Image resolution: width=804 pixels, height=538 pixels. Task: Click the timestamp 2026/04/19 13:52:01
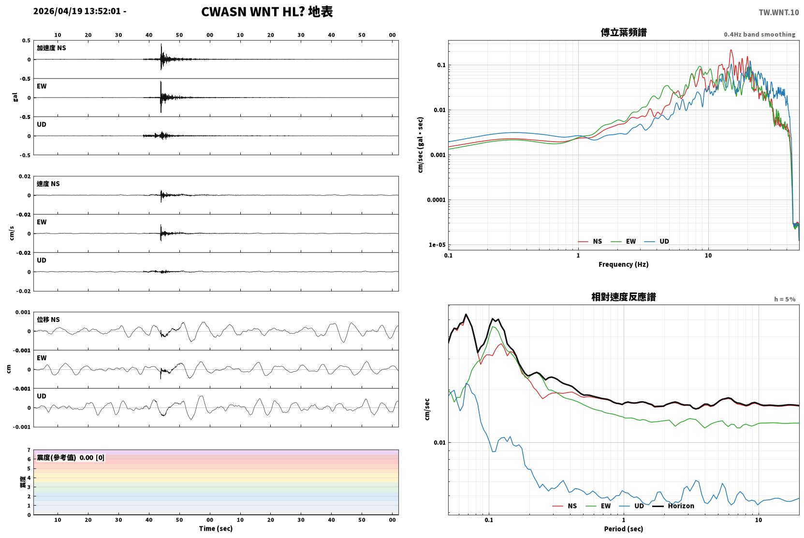pos(77,11)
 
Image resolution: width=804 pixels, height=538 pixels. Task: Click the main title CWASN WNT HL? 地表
pos(267,12)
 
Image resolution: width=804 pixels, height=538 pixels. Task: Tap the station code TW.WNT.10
pos(778,12)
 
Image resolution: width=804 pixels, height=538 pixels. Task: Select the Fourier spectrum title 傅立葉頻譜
pos(624,32)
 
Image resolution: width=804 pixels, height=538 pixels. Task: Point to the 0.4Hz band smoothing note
pos(760,34)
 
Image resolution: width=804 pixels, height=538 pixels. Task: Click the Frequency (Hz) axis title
pos(624,264)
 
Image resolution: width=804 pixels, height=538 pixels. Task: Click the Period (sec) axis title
pos(624,529)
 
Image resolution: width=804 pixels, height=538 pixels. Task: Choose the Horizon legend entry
pos(673,506)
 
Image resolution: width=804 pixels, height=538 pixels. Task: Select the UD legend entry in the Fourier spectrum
pos(657,241)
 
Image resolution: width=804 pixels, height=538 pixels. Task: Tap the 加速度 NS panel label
pos(51,48)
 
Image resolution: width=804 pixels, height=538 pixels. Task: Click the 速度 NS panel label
pos(48,184)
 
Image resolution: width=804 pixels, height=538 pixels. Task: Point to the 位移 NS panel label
pos(48,320)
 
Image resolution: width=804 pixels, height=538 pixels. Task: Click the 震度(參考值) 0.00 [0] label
pos(71,458)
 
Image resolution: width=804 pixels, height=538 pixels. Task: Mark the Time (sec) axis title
pos(216,528)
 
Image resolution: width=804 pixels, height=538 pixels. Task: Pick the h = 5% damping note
pos(785,299)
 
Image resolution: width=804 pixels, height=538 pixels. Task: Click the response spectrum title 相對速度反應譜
pos(624,297)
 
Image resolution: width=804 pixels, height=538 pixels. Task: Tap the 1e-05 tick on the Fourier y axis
pos(437,245)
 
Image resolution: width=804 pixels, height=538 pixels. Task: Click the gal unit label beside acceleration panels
pos(15,97)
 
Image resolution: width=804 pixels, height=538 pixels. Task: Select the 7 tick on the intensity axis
pos(29,450)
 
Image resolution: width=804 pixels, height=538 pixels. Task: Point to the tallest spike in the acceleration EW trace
pos(161,82)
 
